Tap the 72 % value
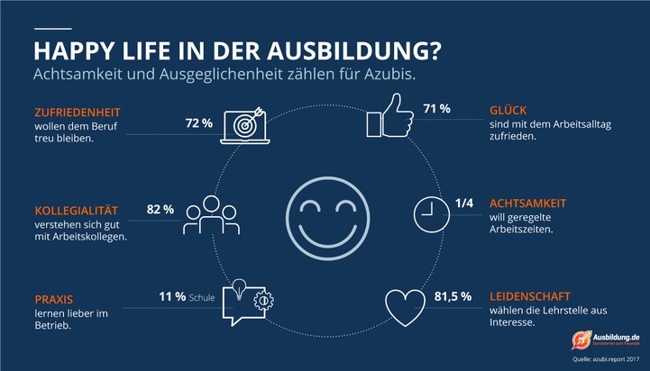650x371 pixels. point(198,122)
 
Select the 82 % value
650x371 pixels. point(160,209)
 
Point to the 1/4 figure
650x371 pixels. point(464,203)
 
